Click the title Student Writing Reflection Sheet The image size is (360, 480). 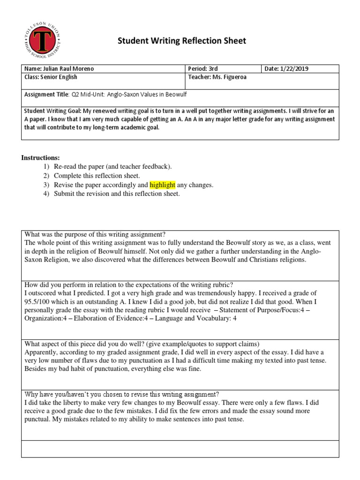coord(181,41)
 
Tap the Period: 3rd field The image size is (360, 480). coord(203,69)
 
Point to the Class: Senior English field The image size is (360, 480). coord(51,77)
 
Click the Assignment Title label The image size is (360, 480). coord(46,94)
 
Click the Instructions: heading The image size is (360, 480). coord(40,157)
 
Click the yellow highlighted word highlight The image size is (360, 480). coord(162,185)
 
